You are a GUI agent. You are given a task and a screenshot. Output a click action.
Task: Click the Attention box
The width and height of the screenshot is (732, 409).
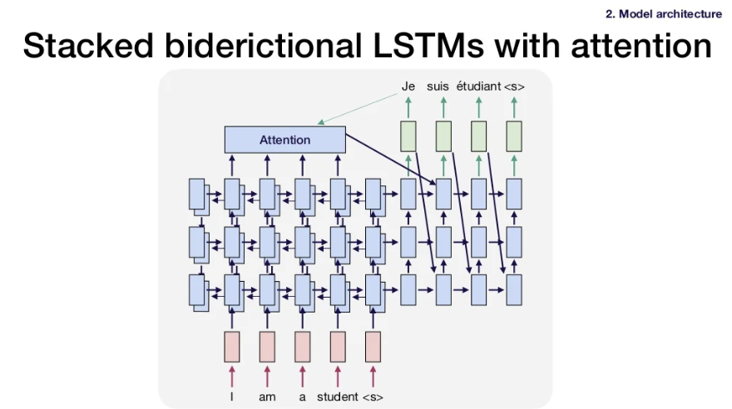[x=284, y=140]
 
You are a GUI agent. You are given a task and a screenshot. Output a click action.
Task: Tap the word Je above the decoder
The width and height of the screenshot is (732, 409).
[x=408, y=86]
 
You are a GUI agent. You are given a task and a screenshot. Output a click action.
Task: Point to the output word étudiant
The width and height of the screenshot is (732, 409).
[x=478, y=86]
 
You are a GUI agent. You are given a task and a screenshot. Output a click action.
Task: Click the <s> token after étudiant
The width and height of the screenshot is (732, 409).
[x=514, y=86]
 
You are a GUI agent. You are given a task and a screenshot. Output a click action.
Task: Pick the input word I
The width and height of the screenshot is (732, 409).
[x=232, y=397]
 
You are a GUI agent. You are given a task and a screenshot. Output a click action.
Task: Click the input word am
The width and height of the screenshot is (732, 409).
[x=267, y=397]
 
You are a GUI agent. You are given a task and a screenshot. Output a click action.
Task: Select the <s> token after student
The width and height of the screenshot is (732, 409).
[x=373, y=397]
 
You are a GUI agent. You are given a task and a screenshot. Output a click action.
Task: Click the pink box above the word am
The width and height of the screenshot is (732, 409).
[x=267, y=347]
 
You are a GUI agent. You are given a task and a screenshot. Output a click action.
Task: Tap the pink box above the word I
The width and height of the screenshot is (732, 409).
[x=232, y=347]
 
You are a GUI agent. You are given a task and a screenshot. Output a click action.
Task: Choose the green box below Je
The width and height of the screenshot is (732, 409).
[x=408, y=136]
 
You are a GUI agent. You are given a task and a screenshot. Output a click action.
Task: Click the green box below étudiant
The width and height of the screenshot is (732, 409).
[x=479, y=136]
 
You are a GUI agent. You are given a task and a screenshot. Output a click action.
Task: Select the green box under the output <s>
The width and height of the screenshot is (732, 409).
[x=514, y=136]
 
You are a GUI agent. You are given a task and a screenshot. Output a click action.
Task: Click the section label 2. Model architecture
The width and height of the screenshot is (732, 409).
[x=663, y=13]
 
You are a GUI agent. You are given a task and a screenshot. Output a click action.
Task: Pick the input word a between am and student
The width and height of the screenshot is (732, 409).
[x=303, y=397]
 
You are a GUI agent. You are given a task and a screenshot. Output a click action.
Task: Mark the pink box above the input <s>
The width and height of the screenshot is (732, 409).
[x=373, y=347]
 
